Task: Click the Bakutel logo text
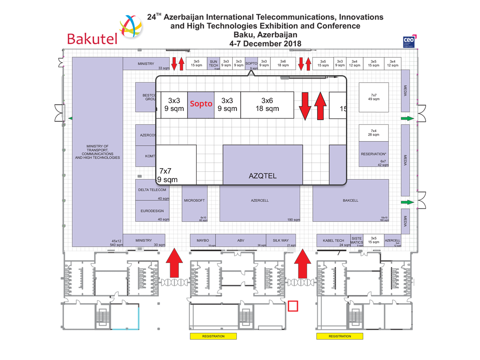point(92,38)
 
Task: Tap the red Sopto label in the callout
point(201,104)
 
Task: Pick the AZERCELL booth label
point(260,200)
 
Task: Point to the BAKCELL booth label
point(350,200)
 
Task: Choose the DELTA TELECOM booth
point(152,190)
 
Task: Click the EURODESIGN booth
point(152,211)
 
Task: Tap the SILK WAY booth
point(281,240)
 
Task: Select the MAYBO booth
point(203,240)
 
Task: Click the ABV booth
point(241,240)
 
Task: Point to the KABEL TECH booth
point(333,240)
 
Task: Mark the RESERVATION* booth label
point(373,154)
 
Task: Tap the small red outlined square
point(293,306)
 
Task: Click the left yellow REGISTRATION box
point(213,336)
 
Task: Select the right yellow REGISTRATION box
point(340,336)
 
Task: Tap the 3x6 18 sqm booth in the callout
point(267,105)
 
